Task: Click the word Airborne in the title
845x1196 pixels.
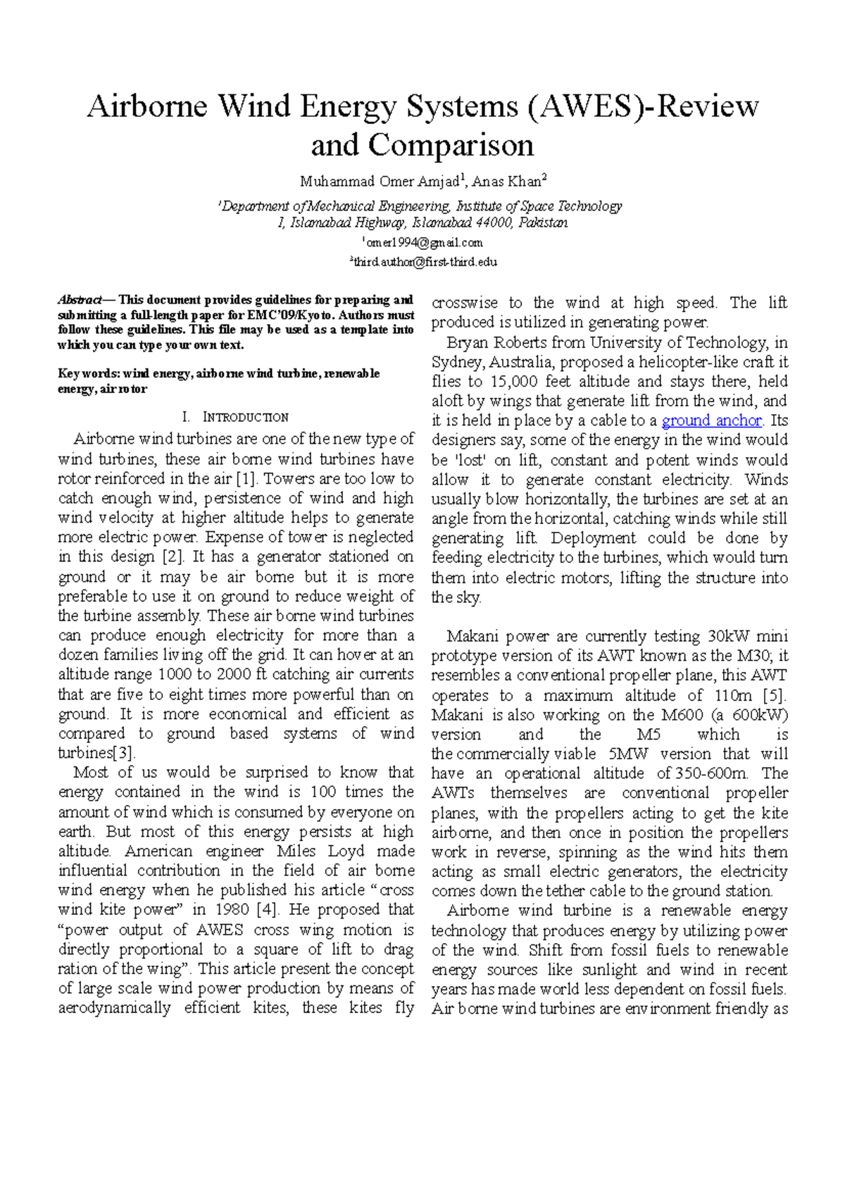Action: pyautogui.click(x=146, y=107)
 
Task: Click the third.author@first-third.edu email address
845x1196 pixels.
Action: pyautogui.click(x=425, y=262)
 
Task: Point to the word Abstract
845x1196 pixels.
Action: pyautogui.click(x=80, y=300)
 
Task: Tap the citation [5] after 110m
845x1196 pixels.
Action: pyautogui.click(x=773, y=695)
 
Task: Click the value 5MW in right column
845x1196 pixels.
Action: pyautogui.click(x=629, y=754)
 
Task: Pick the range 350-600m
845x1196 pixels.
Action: pyautogui.click(x=711, y=773)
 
